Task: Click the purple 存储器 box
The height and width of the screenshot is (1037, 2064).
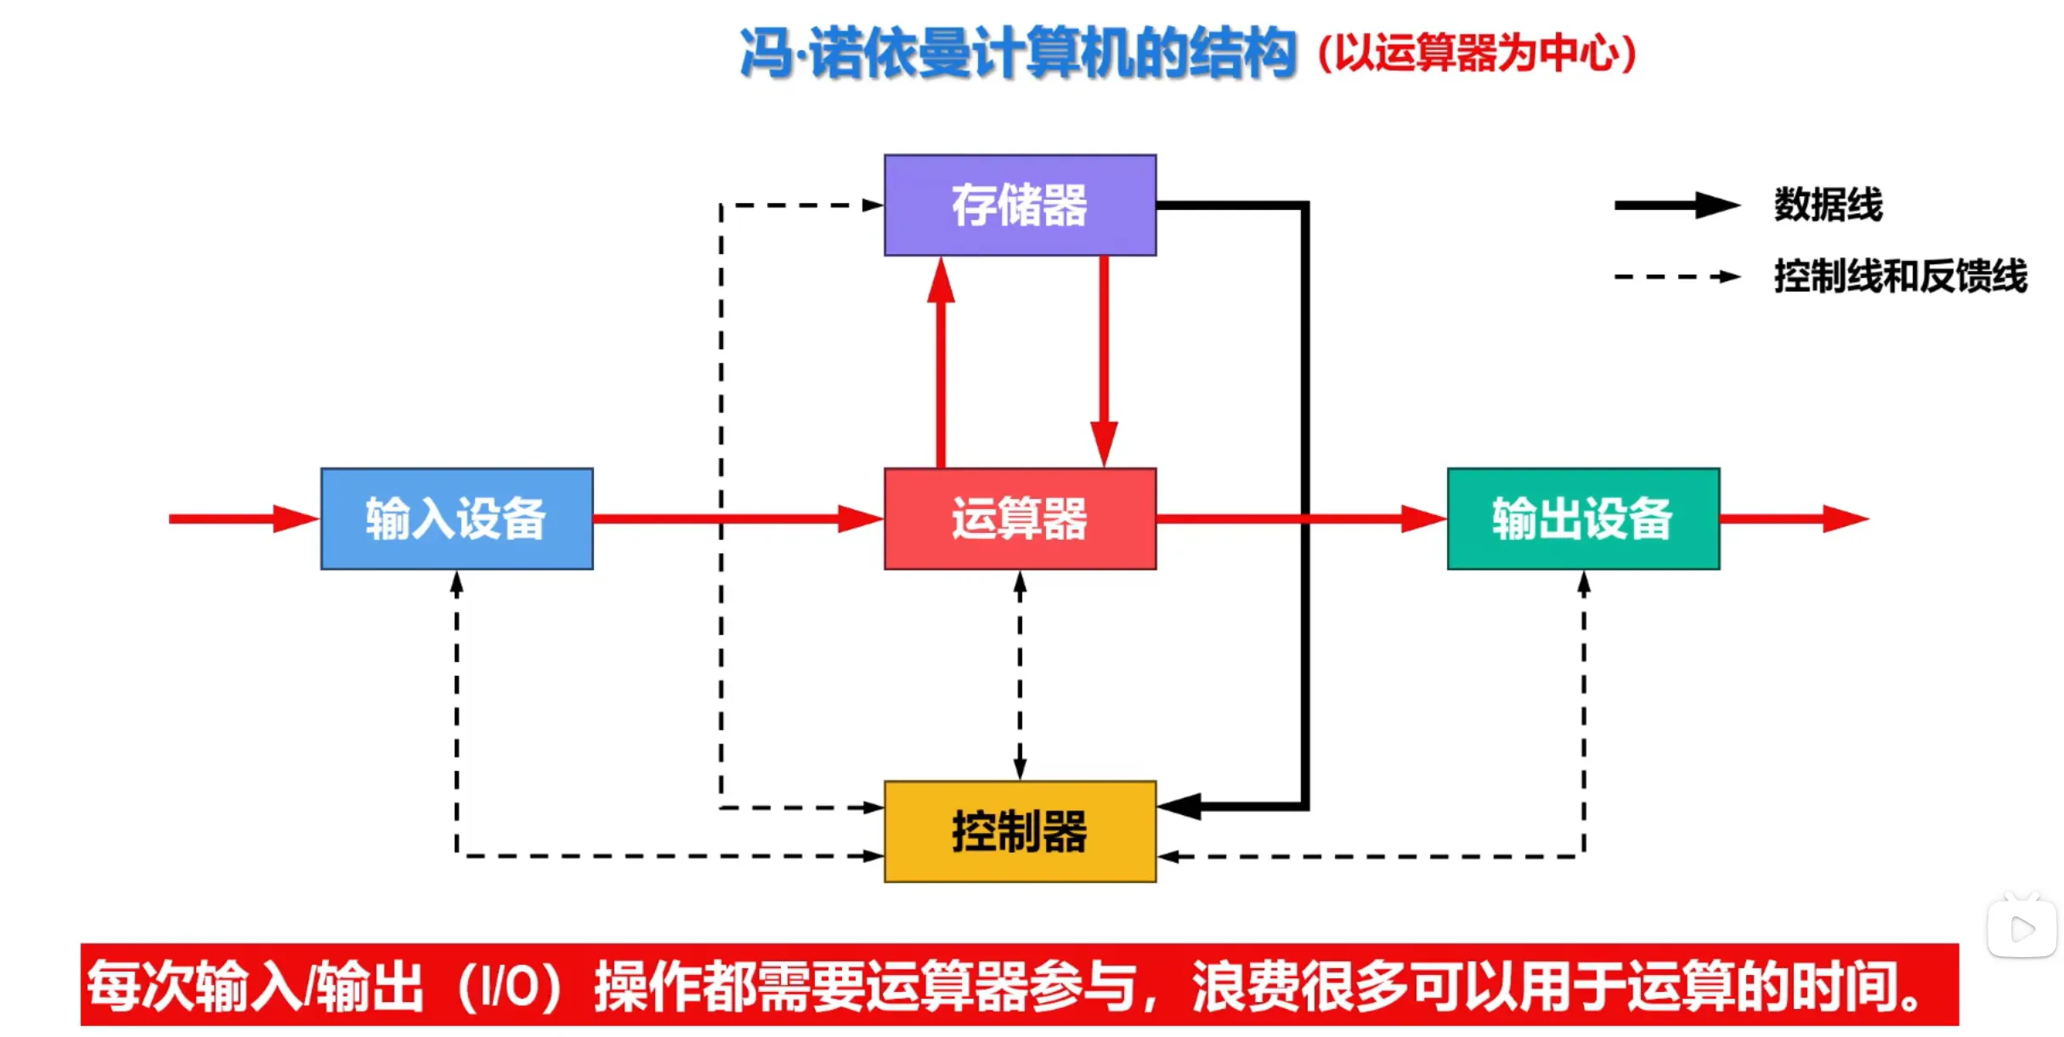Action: (1020, 205)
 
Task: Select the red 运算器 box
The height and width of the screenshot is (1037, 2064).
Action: (1020, 518)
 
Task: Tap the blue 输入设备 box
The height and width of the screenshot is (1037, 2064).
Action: (456, 518)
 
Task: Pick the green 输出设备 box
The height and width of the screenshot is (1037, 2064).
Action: (1583, 518)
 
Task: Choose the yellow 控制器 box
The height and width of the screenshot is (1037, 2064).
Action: (1020, 831)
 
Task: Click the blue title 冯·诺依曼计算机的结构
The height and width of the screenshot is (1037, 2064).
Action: (1017, 54)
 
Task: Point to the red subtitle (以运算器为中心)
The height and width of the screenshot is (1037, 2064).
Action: (1477, 54)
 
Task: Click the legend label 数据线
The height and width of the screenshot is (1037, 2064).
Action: (1828, 205)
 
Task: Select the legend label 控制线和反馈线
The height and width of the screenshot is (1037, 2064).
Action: (1900, 276)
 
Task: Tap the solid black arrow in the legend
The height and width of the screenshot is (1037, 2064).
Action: (1677, 205)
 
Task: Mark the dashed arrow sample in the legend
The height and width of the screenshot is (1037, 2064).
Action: (1677, 276)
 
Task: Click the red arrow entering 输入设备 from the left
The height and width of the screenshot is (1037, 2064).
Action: (243, 518)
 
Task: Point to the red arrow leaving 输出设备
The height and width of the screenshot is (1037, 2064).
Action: (1793, 518)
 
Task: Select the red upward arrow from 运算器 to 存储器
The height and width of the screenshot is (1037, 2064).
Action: (941, 361)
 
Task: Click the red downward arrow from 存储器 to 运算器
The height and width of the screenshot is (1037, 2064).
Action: (1104, 361)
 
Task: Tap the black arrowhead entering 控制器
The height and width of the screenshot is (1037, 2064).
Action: (1180, 806)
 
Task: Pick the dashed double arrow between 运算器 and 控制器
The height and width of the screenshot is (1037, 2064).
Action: (1020, 675)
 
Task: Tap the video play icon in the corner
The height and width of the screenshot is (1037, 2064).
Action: (2022, 928)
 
